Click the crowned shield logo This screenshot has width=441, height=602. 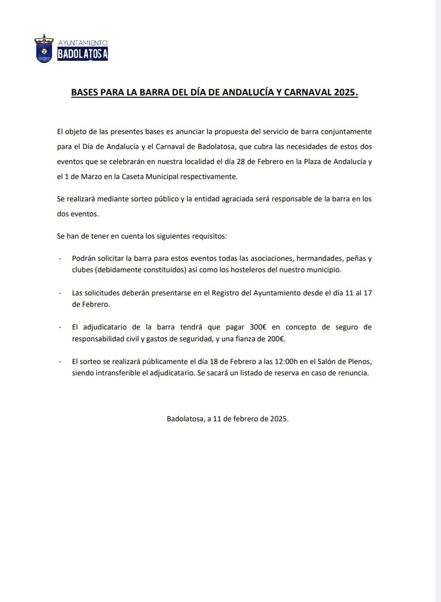point(44,49)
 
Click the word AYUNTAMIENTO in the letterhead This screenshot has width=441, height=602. point(83,43)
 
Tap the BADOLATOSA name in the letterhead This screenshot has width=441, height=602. point(83,54)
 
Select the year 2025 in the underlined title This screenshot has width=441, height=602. point(345,92)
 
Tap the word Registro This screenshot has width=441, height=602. point(225,293)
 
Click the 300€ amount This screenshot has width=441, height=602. point(258,327)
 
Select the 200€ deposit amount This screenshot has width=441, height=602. point(276,339)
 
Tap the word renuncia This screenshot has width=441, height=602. point(353,373)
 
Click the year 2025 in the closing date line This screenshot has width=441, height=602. point(279,419)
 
